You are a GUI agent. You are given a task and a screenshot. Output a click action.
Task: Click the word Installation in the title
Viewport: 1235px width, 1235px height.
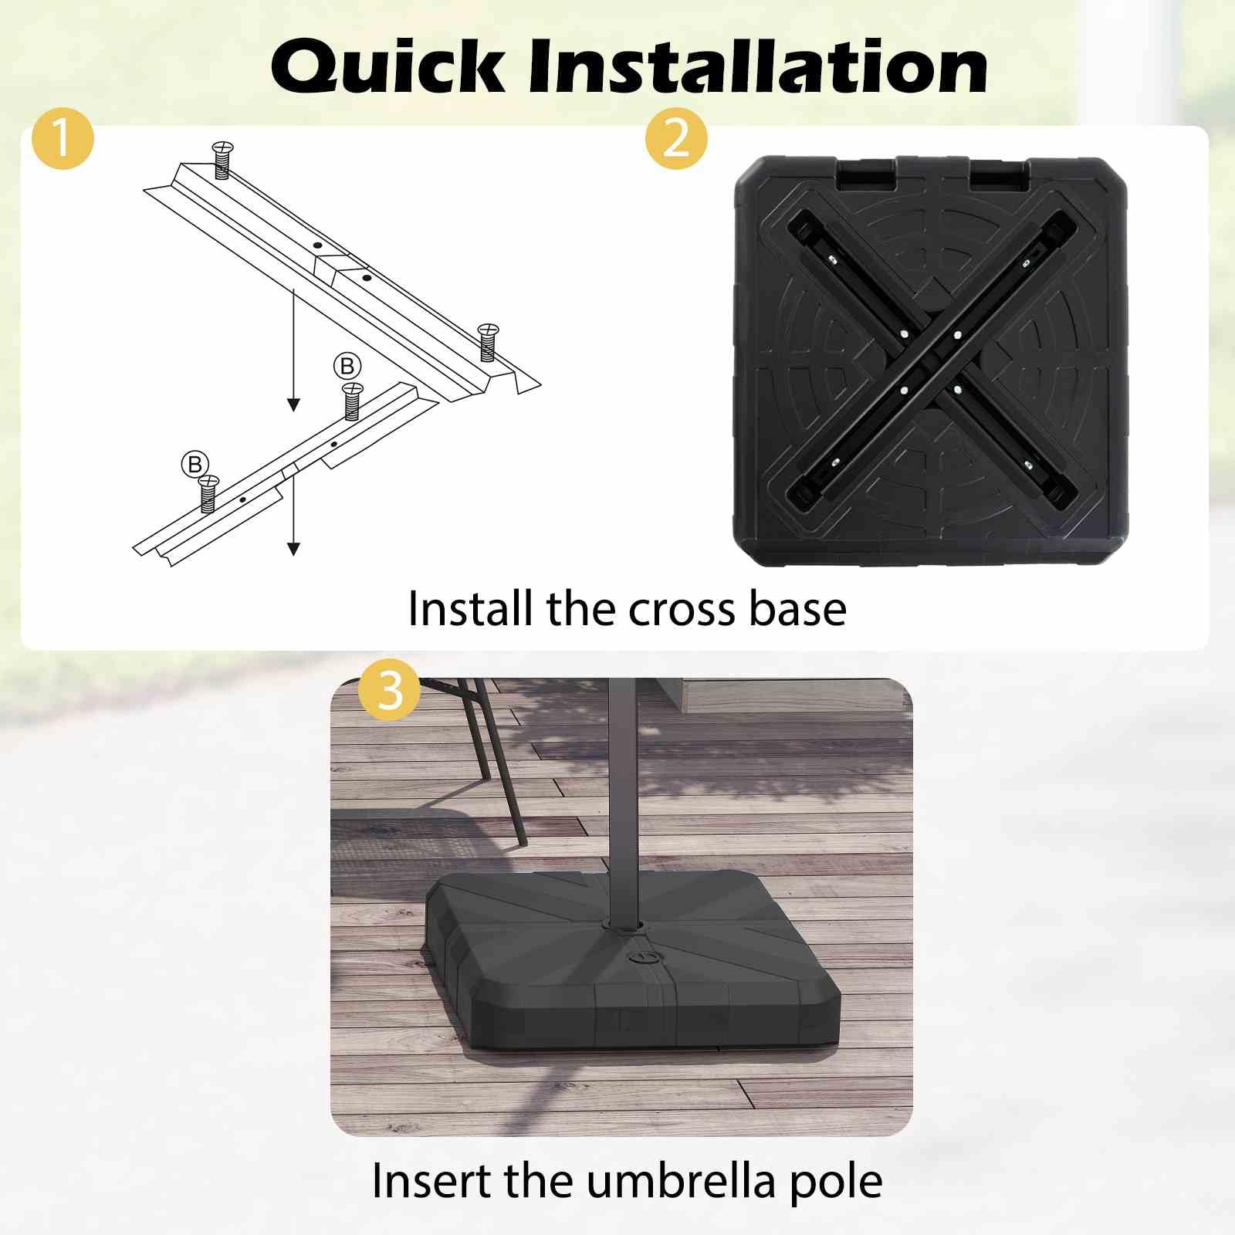coord(758,66)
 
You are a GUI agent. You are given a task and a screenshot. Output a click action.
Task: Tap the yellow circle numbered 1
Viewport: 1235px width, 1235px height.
coord(63,139)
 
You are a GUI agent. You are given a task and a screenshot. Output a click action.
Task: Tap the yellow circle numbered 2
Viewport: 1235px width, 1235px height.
coord(676,139)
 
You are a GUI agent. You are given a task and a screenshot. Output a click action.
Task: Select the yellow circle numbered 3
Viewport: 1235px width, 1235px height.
coord(390,689)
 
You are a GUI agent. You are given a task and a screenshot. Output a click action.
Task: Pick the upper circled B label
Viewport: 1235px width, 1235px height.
coord(347,366)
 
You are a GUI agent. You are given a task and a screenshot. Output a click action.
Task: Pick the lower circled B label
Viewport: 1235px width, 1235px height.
coord(195,464)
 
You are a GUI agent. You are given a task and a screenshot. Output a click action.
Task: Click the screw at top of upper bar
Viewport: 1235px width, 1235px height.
coord(222,159)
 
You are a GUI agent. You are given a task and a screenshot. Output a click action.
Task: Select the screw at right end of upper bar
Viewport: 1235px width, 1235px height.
coord(488,342)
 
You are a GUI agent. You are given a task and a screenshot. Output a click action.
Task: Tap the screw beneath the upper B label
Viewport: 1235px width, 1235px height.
coord(352,401)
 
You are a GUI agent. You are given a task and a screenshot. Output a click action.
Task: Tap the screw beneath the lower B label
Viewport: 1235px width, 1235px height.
coord(208,494)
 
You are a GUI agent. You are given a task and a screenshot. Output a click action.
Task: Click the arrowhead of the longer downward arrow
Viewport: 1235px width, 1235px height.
coord(293,404)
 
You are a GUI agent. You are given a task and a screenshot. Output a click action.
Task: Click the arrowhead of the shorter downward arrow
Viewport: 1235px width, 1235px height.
coord(293,548)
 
